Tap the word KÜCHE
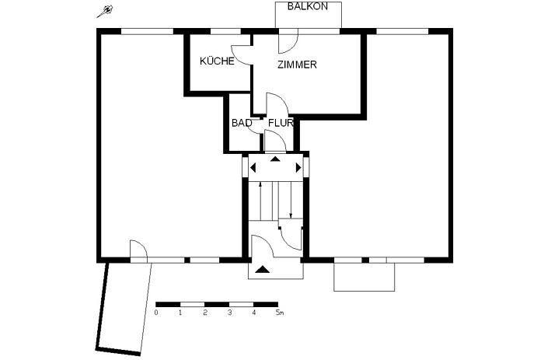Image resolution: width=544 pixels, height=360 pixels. tap(217, 61)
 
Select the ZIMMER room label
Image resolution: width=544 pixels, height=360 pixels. tap(297, 65)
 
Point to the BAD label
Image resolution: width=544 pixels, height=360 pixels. tap(241, 123)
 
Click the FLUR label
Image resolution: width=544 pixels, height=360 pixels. tap(281, 123)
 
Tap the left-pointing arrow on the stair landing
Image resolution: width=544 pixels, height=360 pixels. tap(253, 166)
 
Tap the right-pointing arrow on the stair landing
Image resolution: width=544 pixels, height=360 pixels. tap(298, 166)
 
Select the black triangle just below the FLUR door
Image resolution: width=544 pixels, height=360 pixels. tap(275, 159)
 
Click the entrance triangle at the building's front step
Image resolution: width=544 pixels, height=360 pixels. tap(263, 270)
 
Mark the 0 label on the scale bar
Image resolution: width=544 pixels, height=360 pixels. tap(156, 313)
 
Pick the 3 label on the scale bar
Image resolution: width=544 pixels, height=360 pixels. tap(230, 313)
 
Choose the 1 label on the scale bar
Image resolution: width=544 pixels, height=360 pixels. tap(180, 313)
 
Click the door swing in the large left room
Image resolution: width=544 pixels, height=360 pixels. tap(138, 250)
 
